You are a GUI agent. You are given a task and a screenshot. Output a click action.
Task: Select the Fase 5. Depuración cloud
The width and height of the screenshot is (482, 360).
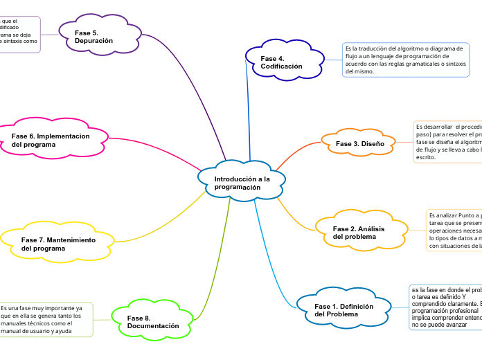coord(94,37)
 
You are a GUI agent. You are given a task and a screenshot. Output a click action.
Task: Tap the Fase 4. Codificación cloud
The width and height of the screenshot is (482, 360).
coord(283,62)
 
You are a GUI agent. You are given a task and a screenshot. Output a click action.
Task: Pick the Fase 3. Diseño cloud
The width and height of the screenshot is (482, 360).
coord(359,143)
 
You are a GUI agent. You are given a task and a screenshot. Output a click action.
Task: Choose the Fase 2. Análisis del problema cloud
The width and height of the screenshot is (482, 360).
coord(359,233)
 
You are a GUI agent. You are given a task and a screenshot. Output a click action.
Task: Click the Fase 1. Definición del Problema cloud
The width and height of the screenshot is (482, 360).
coord(344,310)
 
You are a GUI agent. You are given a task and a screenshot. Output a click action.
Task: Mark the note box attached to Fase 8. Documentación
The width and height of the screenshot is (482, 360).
coord(45,319)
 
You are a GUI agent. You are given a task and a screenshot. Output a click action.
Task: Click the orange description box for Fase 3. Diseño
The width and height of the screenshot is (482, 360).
coord(447,142)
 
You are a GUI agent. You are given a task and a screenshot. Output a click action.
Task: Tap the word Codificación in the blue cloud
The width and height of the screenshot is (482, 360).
coord(282,66)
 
